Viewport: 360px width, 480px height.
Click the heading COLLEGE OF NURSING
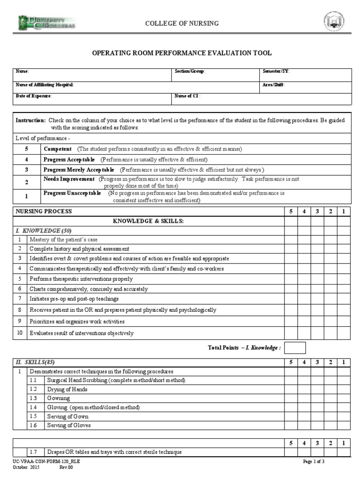181,23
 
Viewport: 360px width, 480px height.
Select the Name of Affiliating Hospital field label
45,85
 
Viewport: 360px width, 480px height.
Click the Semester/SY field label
276,71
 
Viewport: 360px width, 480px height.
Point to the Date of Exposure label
34,96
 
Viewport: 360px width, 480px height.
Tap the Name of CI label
187,96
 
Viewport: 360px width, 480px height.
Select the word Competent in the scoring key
58,149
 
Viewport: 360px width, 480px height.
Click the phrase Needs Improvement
69,179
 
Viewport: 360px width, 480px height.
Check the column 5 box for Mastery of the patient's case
291,240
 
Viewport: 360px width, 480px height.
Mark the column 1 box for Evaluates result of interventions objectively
344,333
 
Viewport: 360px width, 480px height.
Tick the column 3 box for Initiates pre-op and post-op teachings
317,299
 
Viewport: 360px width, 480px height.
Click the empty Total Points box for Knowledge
295,348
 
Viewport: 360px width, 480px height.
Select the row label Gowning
59,398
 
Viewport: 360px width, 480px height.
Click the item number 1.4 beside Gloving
33,407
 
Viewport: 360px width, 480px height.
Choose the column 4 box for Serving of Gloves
304,426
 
